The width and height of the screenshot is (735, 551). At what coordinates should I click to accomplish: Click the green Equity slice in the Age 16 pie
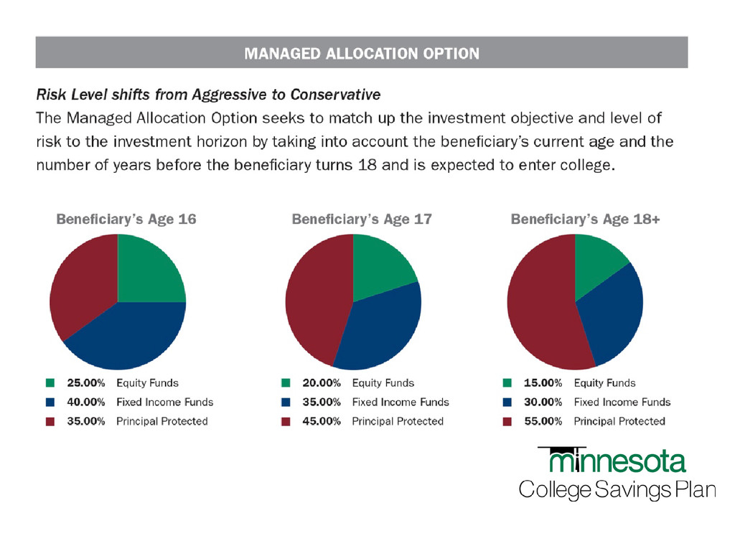coord(147,273)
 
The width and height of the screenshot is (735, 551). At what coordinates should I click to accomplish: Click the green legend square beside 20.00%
coord(286,383)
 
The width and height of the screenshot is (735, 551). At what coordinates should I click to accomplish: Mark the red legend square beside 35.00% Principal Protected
coord(50,421)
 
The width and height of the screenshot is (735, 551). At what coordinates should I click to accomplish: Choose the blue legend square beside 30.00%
coord(507,402)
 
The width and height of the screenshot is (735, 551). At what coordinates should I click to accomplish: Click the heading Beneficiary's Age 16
coord(126,220)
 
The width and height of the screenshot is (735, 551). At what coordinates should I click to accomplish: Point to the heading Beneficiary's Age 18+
coord(585,220)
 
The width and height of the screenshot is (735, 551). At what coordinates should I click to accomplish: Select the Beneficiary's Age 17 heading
coord(362,220)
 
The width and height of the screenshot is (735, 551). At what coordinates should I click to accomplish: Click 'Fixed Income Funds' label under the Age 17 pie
coord(400,402)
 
